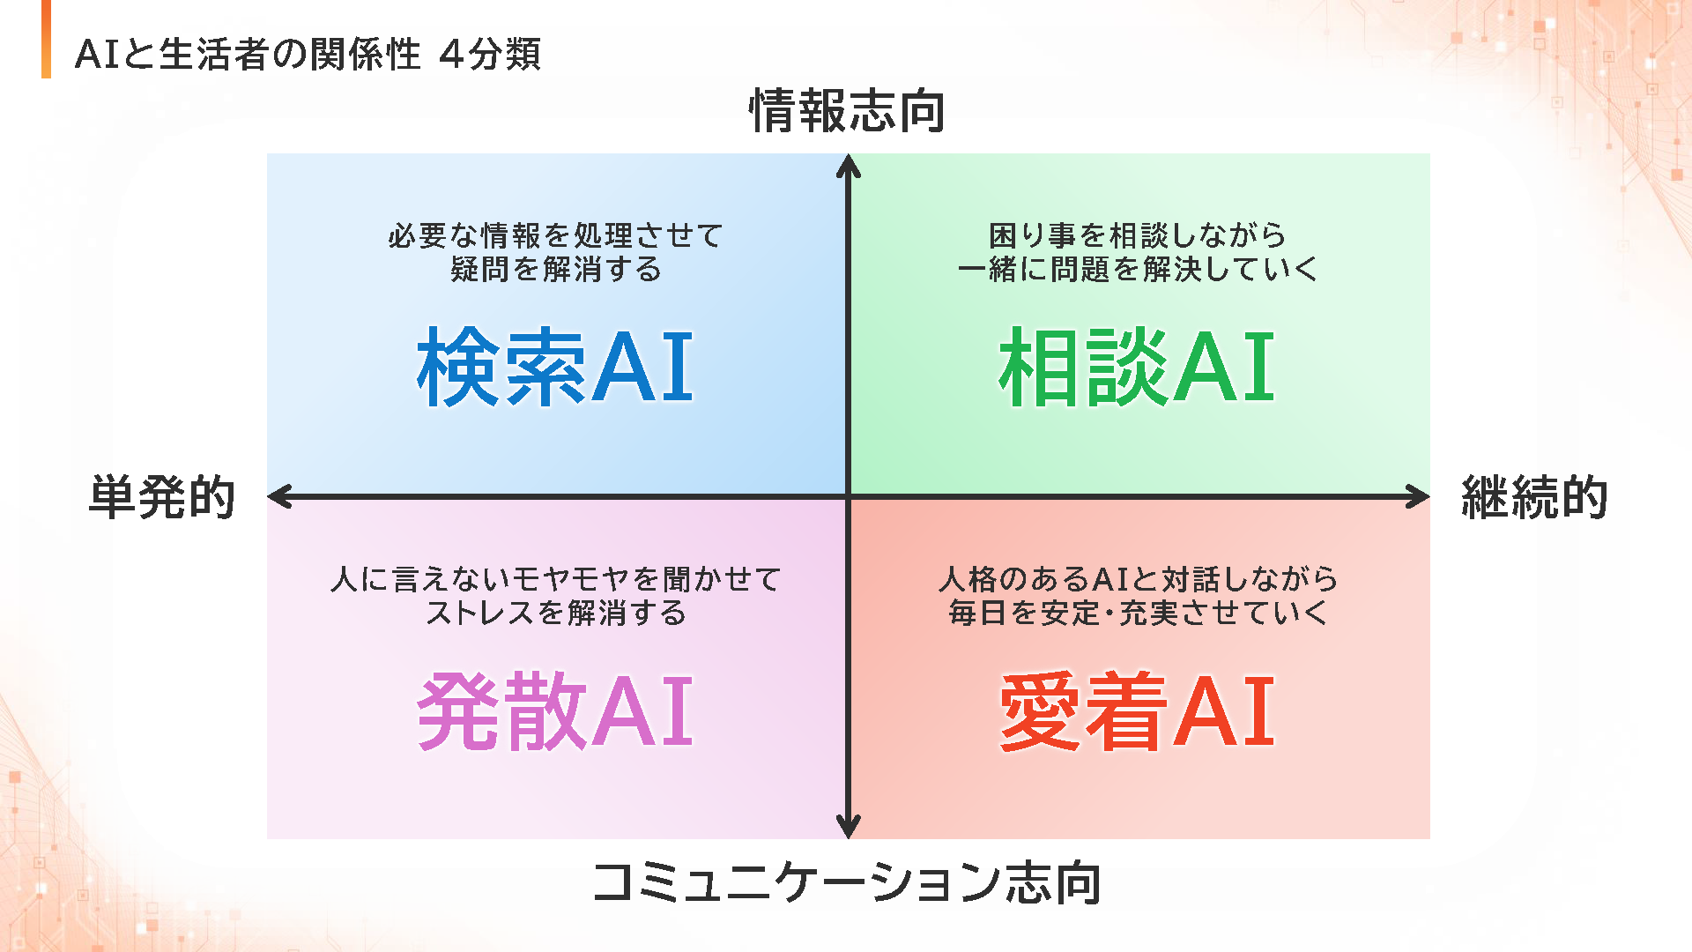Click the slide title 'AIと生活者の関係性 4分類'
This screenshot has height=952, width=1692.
[x=308, y=55]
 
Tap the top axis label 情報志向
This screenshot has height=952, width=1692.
[x=848, y=111]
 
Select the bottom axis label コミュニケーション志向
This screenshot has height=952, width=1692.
[x=848, y=882]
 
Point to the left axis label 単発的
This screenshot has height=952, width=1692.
[x=162, y=497]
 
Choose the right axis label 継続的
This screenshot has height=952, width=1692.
[x=1535, y=497]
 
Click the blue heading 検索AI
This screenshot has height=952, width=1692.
[x=555, y=367]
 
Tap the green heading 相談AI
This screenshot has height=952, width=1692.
[x=1137, y=367]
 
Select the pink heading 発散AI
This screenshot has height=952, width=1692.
[x=555, y=710]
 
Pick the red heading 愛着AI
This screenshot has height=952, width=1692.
[x=1137, y=710]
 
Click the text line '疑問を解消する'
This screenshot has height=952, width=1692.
[x=556, y=269]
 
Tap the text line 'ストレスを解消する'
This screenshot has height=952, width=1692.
[x=556, y=613]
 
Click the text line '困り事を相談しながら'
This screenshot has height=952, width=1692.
[x=1138, y=235]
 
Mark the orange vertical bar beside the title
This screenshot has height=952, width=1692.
[x=46, y=39]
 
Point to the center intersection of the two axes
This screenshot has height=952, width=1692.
[x=849, y=496]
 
